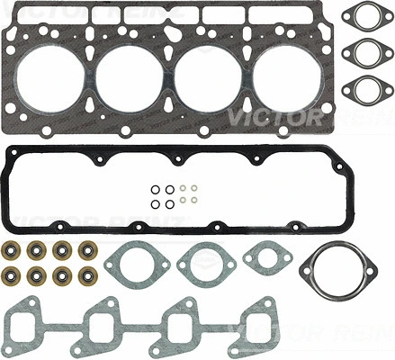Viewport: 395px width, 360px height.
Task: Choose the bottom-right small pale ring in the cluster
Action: point(193,201)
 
